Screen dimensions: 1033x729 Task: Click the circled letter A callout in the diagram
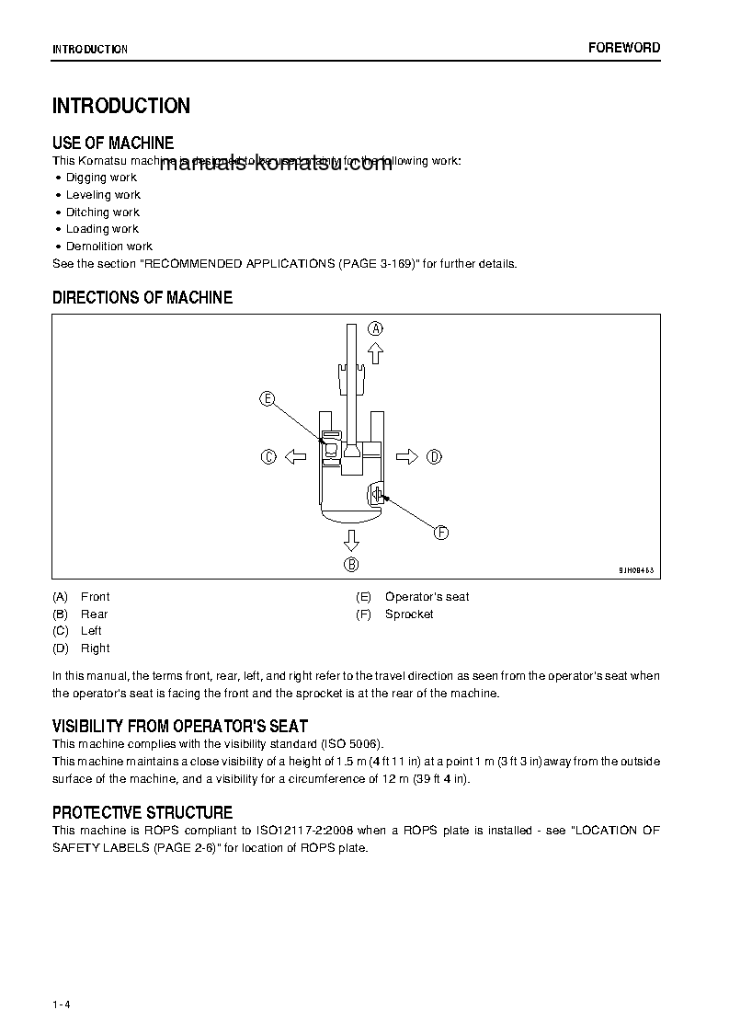[375, 327]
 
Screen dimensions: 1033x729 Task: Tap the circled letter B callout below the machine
[351, 564]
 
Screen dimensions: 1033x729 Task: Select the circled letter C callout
[268, 456]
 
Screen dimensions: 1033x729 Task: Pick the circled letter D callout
[434, 456]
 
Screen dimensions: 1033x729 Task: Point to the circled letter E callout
[267, 398]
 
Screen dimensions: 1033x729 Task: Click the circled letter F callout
[440, 533]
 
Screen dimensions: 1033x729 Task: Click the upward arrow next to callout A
[375, 352]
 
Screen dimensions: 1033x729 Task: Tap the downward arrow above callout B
[351, 538]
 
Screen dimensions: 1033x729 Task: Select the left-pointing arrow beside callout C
[294, 456]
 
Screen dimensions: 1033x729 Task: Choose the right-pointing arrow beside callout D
[407, 456]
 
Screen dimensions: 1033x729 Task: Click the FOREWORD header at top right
[624, 48]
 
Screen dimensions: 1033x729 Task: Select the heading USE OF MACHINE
[113, 143]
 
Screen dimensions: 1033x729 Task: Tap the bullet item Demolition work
[108, 247]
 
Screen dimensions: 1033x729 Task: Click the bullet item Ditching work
[102, 212]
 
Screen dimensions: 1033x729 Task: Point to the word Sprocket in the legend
[409, 614]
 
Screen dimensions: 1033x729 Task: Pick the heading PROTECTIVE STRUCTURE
[142, 812]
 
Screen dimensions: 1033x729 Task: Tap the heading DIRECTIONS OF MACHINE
[142, 297]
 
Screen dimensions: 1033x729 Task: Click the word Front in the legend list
[95, 596]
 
